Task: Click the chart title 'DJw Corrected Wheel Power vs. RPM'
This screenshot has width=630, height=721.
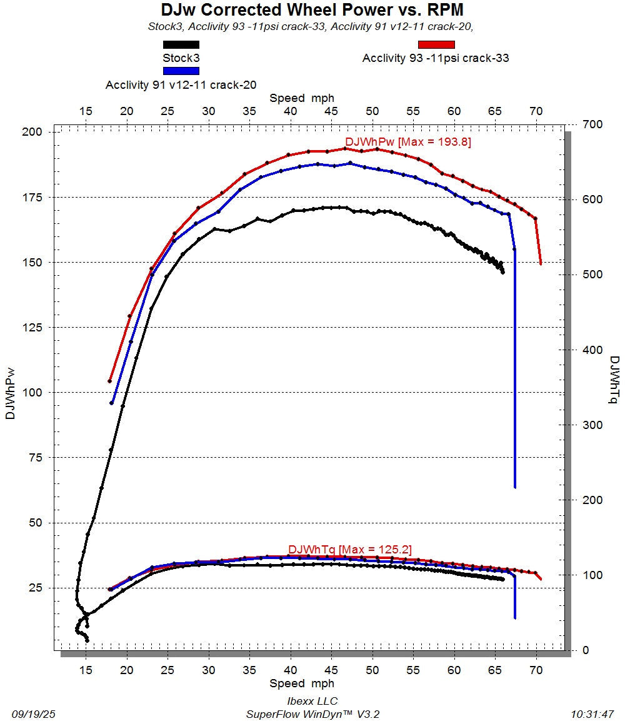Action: [312, 9]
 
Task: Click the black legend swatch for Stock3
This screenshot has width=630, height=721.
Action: [181, 44]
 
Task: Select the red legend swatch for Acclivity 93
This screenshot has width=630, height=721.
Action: [436, 44]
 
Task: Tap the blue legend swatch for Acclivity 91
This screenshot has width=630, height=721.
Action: [181, 71]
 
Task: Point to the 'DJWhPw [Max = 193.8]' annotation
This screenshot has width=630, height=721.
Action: [408, 141]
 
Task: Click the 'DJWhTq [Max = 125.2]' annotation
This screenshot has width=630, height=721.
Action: [350, 549]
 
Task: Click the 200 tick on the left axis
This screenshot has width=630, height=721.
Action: [32, 132]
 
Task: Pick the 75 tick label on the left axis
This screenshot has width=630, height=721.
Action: [36, 458]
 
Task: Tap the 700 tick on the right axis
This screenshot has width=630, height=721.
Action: [592, 124]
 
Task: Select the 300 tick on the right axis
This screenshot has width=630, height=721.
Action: [592, 425]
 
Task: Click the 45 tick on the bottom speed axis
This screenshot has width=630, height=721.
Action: [331, 670]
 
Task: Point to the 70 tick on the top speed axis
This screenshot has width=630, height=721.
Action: [536, 111]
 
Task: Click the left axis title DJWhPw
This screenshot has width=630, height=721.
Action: [10, 393]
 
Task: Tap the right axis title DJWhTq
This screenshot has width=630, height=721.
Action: [614, 380]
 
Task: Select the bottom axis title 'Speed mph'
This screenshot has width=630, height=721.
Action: [301, 683]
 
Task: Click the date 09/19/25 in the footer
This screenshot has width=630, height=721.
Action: [34, 714]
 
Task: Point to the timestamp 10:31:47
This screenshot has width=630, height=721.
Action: [592, 714]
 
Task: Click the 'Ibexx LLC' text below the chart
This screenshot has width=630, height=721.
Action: [312, 701]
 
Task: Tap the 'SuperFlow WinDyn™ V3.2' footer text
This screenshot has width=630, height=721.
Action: [312, 714]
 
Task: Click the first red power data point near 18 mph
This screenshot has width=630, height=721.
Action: [109, 381]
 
